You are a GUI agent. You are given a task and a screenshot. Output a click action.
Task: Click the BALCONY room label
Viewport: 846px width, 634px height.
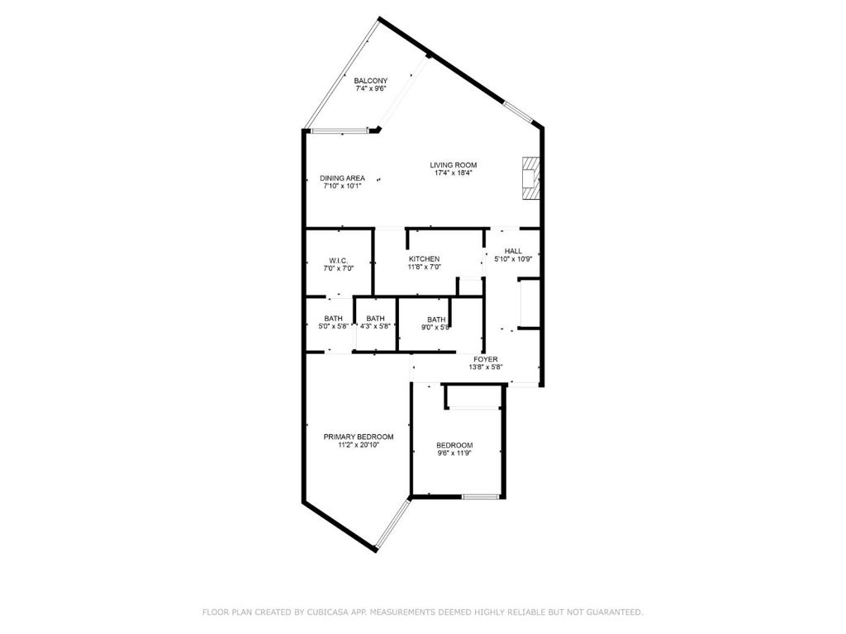tap(371, 81)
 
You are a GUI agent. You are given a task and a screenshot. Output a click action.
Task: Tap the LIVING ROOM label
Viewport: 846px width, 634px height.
tap(454, 165)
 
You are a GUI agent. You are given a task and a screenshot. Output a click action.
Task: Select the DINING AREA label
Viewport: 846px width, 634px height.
tap(342, 178)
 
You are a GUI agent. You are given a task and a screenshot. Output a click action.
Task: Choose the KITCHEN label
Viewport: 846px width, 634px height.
tap(425, 259)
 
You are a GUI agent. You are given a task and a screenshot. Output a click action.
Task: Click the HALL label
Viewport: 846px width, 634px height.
tap(513, 251)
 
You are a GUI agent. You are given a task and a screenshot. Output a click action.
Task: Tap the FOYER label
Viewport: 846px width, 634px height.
tap(486, 359)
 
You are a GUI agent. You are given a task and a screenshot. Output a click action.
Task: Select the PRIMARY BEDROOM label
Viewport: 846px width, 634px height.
tap(359, 437)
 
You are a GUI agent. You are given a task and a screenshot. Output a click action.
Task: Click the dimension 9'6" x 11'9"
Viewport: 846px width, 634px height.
tap(455, 453)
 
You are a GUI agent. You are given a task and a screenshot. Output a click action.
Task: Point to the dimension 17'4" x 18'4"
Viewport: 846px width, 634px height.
tap(454, 173)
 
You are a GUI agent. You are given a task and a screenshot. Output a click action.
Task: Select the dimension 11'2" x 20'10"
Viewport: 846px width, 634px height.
tap(359, 445)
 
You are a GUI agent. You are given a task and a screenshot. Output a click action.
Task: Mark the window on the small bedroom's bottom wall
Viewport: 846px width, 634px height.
tap(480, 496)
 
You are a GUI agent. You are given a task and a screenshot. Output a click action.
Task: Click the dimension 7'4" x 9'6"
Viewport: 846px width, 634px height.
tap(371, 88)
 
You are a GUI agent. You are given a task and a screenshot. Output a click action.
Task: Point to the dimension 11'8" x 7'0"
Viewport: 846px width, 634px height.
tap(425, 267)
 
